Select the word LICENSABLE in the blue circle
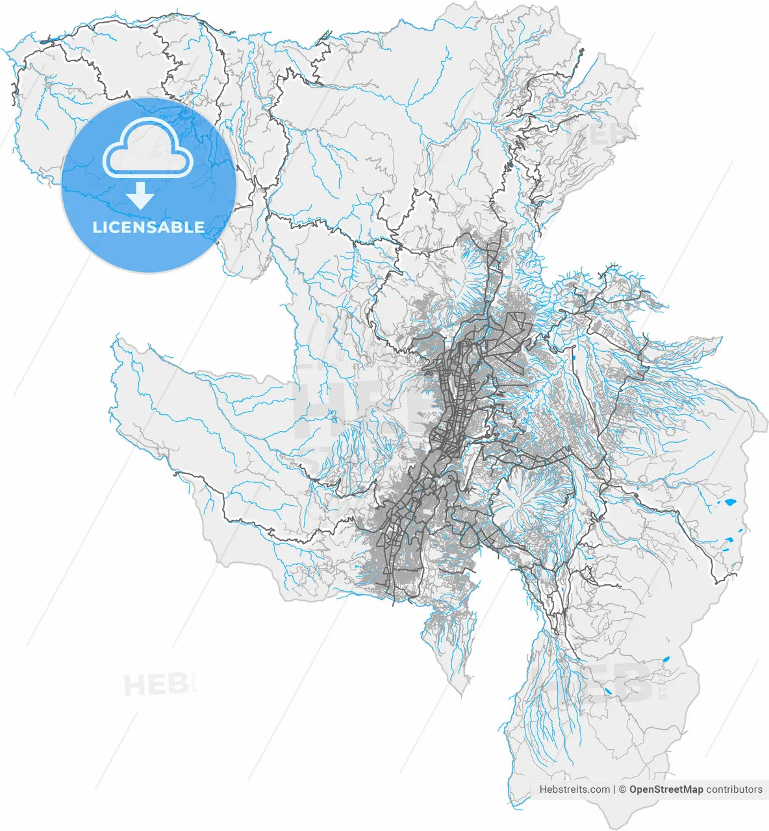(148, 228)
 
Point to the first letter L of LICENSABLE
(97, 228)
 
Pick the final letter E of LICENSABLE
(199, 228)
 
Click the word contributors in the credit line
(735, 789)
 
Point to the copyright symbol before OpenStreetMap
(622, 789)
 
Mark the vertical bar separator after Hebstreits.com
(614, 789)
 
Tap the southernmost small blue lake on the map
(609, 692)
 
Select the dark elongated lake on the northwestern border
(47, 42)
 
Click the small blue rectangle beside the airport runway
(575, 356)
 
